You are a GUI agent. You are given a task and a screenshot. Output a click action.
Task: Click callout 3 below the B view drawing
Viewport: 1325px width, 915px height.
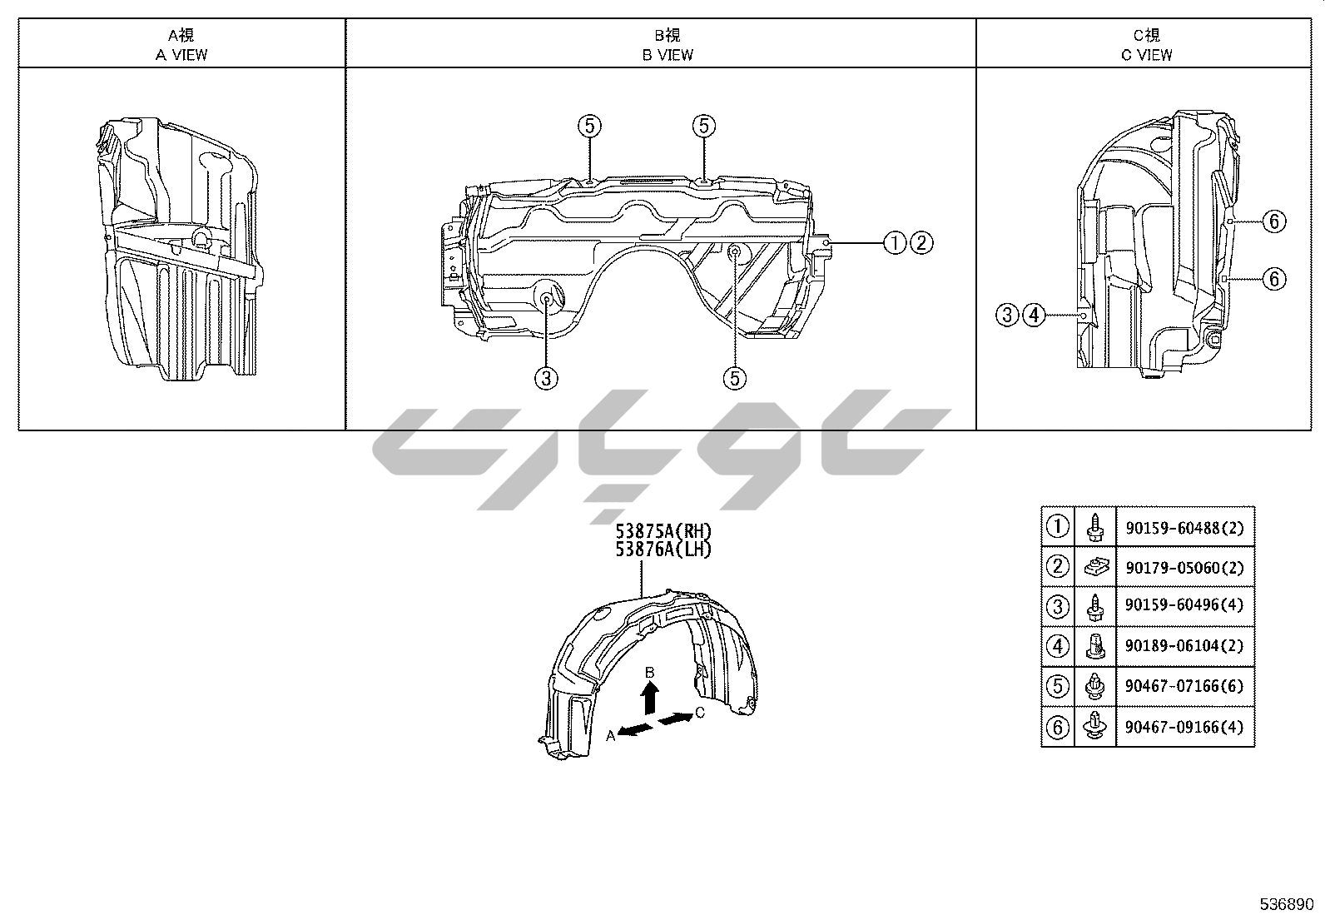546,378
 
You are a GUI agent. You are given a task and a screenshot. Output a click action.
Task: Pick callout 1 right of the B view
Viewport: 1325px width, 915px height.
895,242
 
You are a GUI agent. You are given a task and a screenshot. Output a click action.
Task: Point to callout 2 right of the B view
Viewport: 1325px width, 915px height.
921,242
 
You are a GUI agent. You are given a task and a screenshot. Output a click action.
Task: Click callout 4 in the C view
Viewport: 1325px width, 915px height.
1034,315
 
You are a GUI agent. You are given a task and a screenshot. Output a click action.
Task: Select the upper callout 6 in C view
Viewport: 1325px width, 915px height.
1274,221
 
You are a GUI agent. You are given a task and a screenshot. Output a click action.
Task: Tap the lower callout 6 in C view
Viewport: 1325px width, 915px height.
1274,279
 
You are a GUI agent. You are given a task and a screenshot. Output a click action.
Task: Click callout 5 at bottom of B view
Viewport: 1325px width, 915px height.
735,378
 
